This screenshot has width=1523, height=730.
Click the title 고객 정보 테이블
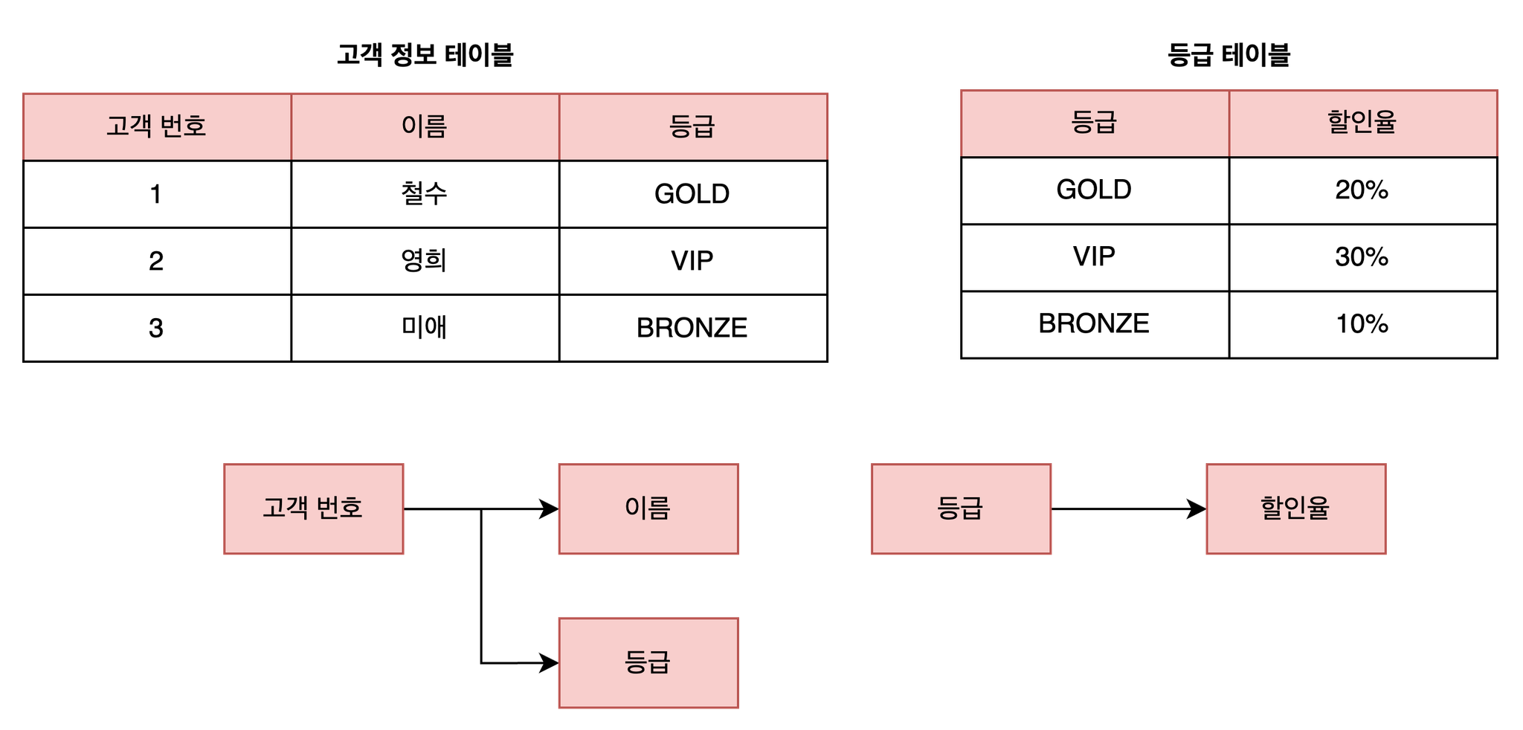click(x=425, y=55)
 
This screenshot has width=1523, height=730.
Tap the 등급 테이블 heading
click(x=1229, y=55)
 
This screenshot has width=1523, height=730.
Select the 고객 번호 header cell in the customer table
click(x=157, y=127)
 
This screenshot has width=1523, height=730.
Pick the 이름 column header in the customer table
click(x=425, y=127)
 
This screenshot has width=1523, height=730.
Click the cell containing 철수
click(x=425, y=194)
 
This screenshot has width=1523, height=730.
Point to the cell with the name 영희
click(x=425, y=261)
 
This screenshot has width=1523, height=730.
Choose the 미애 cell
click(x=425, y=328)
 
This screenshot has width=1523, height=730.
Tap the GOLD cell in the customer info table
click(x=693, y=194)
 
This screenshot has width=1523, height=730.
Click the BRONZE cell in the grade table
click(x=1095, y=324)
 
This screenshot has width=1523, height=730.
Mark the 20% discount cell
click(x=1363, y=190)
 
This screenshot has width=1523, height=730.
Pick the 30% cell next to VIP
click(x=1363, y=257)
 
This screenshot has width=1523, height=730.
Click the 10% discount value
click(x=1363, y=324)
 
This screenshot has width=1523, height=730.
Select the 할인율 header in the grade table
click(x=1363, y=123)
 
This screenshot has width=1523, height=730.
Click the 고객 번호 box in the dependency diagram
click(x=314, y=509)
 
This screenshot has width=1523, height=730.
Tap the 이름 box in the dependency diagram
click(x=648, y=509)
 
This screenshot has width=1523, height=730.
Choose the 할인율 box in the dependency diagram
click(x=1296, y=509)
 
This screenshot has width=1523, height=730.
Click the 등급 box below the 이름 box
click(x=648, y=662)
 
